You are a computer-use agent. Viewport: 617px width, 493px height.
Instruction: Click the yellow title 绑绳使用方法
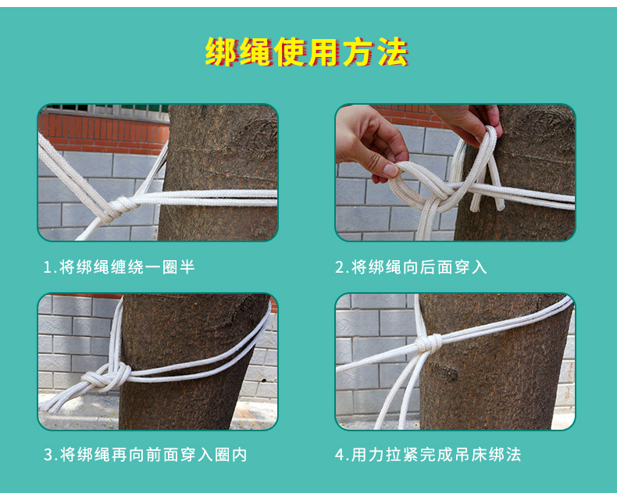307,52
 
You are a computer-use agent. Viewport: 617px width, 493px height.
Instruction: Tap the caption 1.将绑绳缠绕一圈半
119,267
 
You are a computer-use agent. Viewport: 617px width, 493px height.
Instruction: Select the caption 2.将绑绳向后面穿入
411,267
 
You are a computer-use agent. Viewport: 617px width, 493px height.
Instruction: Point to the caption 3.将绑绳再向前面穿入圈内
145,455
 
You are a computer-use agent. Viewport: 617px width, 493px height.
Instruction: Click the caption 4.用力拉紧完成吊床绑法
428,455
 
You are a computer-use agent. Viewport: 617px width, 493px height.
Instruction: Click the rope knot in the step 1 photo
120,207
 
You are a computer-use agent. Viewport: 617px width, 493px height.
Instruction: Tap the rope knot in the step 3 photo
105,377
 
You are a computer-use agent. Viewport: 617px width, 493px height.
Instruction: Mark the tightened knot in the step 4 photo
428,343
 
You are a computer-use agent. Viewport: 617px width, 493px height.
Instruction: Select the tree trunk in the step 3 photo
189,362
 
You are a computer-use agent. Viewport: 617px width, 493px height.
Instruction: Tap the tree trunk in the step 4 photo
492,362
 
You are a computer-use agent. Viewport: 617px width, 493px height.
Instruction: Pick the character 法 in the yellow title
393,52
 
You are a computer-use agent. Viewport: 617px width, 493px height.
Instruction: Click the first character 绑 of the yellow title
221,52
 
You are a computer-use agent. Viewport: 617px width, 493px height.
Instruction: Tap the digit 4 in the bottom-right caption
340,455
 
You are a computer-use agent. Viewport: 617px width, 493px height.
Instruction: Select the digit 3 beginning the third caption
48,455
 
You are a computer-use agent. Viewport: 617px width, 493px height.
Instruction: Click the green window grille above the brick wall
106,109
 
